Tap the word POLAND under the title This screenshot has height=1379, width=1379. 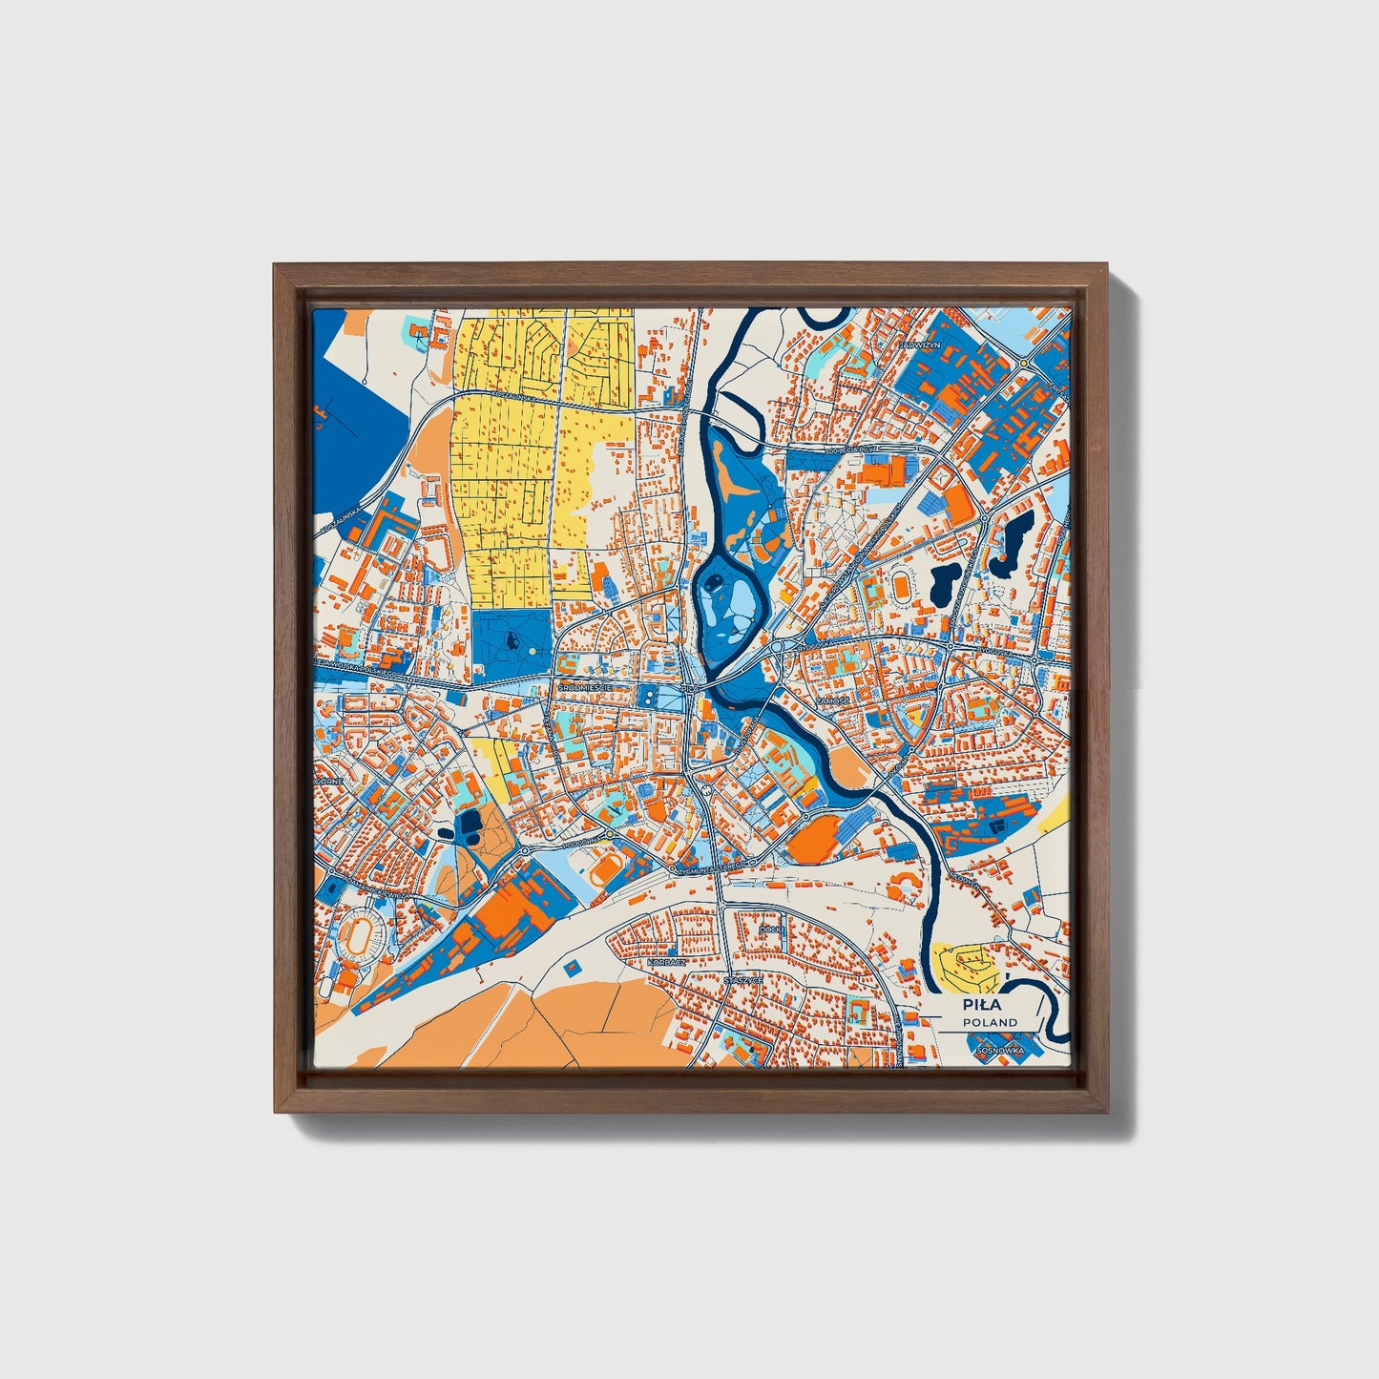pos(990,1022)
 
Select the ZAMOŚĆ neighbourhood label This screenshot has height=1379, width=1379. pos(832,700)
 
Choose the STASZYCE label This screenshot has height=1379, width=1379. pos(742,980)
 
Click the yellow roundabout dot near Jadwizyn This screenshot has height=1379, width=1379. pos(1023,364)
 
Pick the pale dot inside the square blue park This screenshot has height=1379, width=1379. pos(531,652)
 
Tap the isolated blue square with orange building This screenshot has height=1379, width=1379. pos(572,967)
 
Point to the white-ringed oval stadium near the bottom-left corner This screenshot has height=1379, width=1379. pos(362,936)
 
